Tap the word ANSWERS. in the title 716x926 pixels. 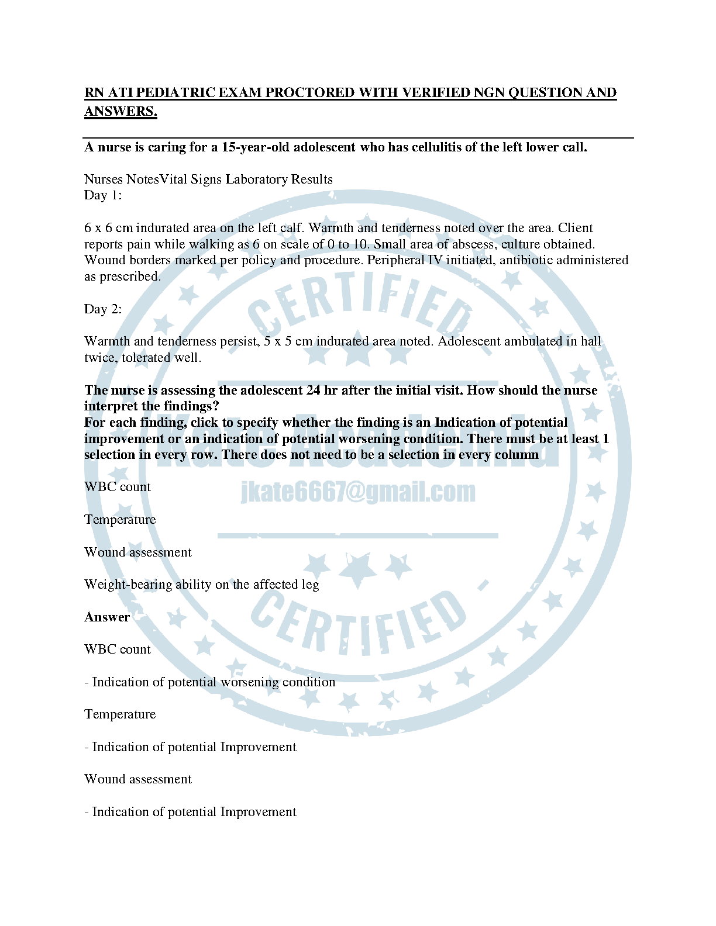click(x=121, y=111)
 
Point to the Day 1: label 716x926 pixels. click(x=103, y=195)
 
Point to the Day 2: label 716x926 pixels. click(x=103, y=309)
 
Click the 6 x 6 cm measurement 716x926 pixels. click(x=108, y=228)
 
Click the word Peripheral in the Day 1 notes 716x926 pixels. click(x=395, y=260)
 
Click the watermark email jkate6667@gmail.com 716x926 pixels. click(x=358, y=492)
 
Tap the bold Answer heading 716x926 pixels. click(x=107, y=617)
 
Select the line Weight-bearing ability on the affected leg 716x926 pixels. click(x=202, y=585)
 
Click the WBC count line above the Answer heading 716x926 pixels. click(x=118, y=487)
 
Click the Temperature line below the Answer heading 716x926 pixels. click(x=120, y=714)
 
